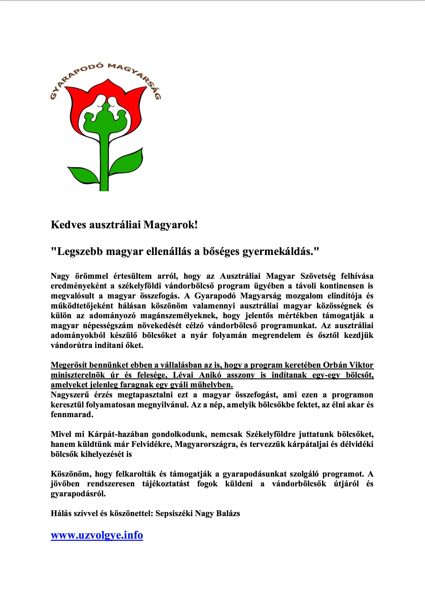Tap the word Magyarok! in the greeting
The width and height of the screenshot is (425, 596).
coord(170,225)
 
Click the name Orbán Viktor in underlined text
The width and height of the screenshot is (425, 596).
coord(348,365)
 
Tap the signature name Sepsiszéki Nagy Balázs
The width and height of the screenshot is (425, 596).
coord(198,513)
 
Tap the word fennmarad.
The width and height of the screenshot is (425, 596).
coord(72,415)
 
